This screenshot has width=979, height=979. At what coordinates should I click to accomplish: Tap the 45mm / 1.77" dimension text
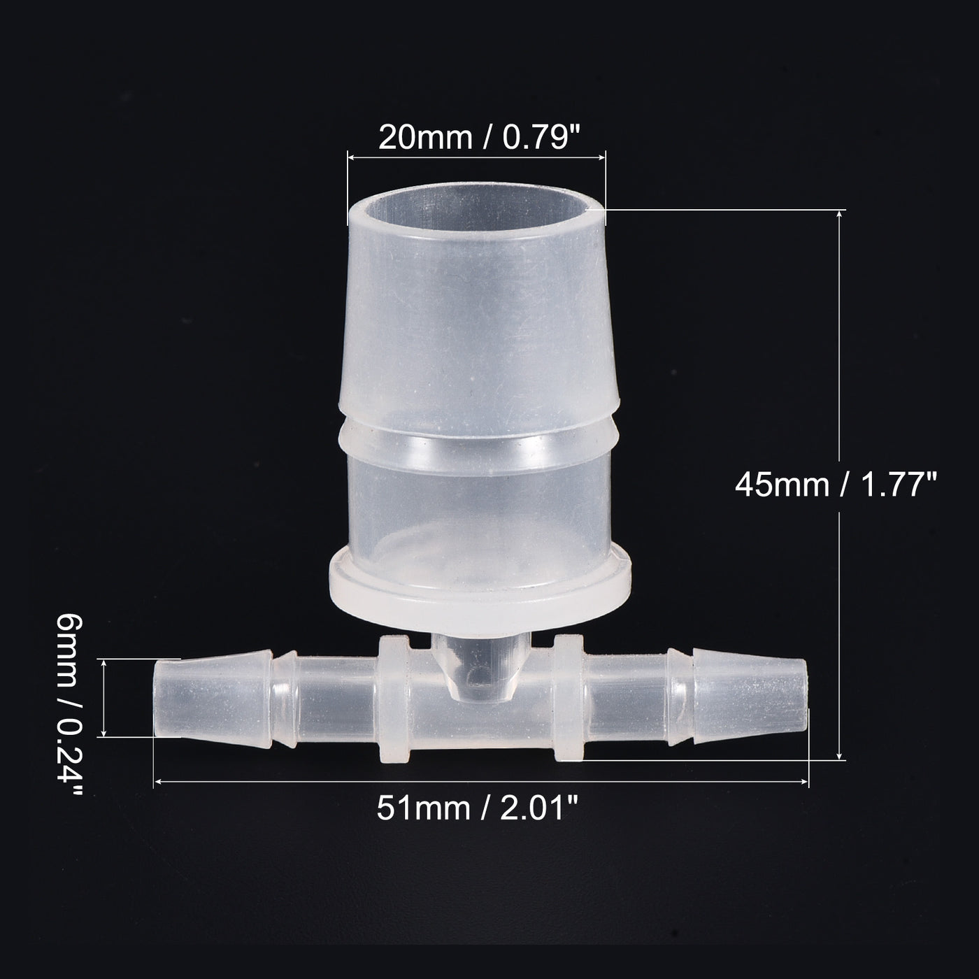[835, 484]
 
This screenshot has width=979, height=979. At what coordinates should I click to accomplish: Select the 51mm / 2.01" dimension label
[478, 809]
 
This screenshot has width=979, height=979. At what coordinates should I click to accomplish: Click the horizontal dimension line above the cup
[476, 159]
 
